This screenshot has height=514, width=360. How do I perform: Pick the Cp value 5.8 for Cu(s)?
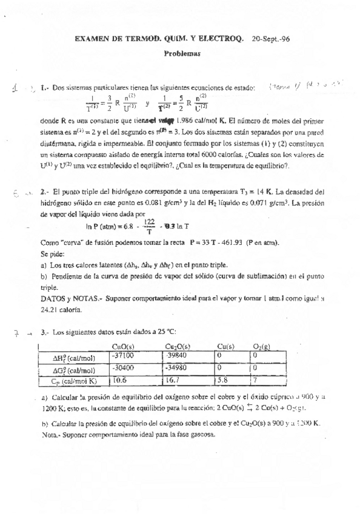pos(223,381)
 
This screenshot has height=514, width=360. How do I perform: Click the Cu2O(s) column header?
pos(176,347)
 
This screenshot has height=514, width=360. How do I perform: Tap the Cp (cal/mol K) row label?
pos(73,381)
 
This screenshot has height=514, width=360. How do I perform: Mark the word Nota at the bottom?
pos(50,435)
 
